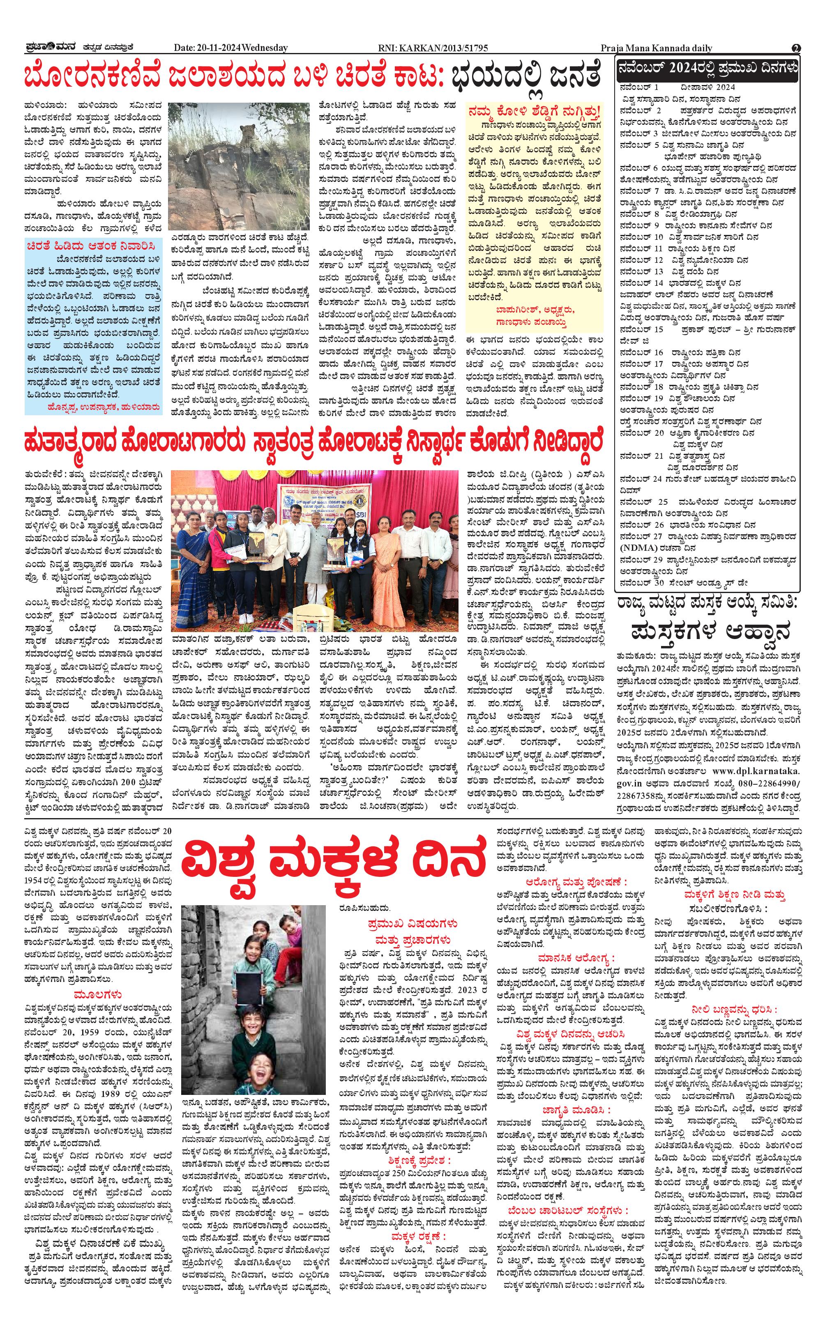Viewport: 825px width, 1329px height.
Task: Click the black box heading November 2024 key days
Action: click(707, 69)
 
